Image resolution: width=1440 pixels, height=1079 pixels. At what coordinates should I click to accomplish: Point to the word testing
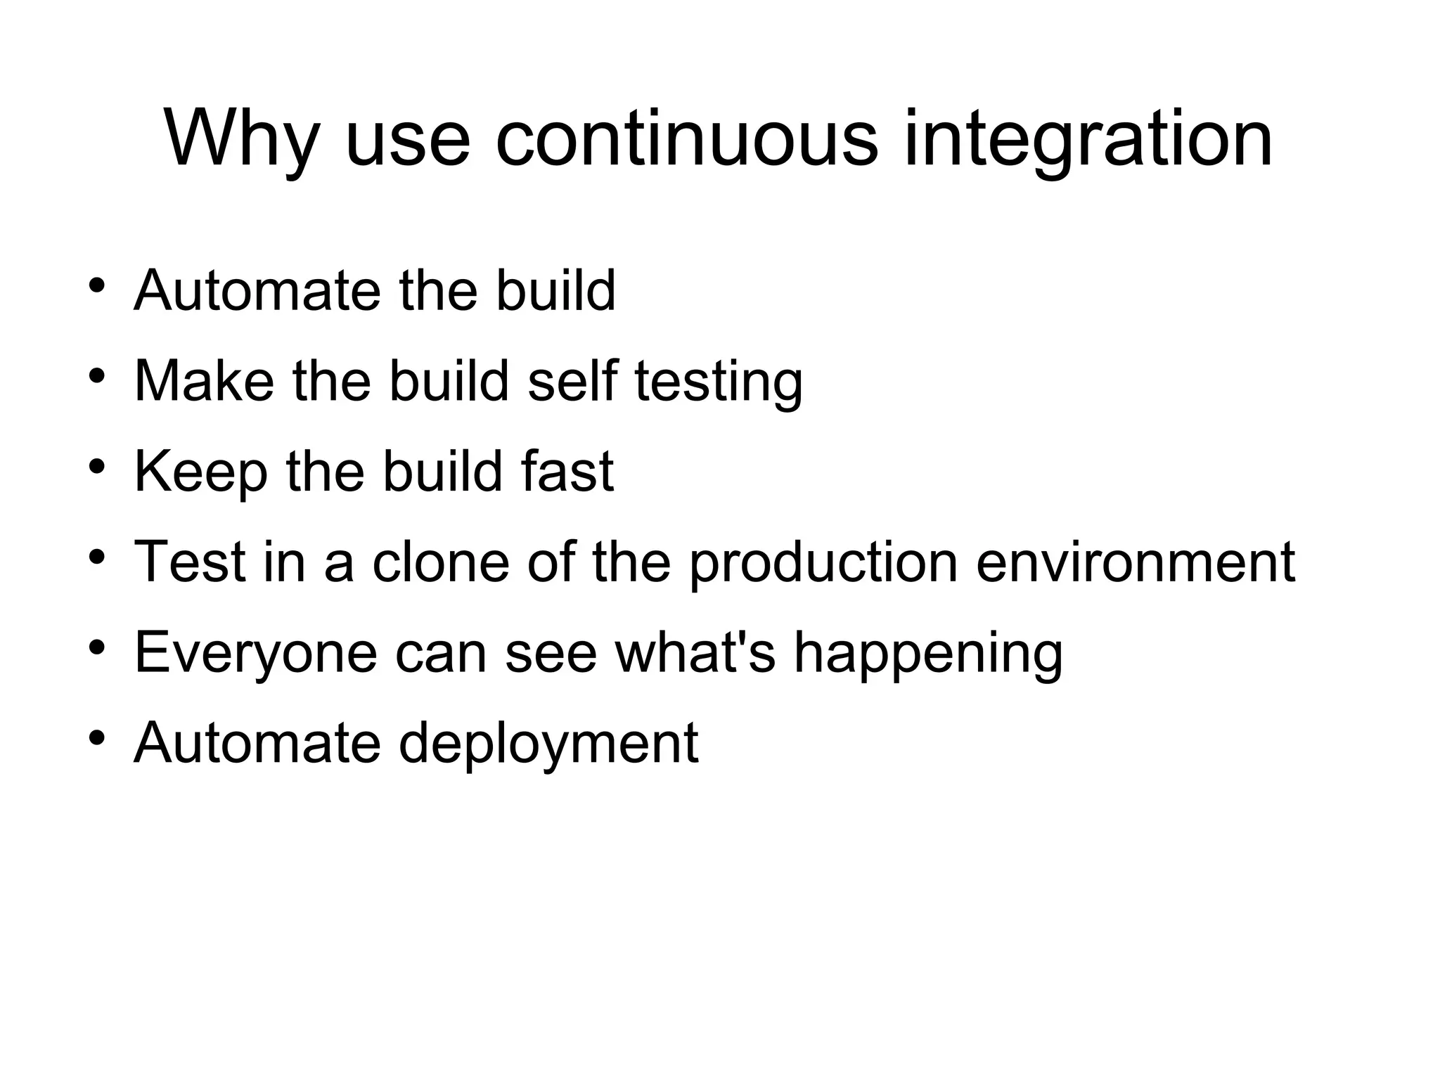click(x=718, y=382)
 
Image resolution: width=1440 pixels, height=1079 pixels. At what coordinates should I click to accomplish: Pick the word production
click(x=823, y=563)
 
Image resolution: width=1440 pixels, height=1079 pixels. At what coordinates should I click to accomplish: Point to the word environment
click(x=1135, y=562)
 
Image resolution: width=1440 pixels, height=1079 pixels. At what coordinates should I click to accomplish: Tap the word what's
click(x=695, y=652)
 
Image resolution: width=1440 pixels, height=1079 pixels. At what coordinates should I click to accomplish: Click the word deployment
click(x=548, y=744)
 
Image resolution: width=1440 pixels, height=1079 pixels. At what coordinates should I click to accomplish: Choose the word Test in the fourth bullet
click(x=190, y=562)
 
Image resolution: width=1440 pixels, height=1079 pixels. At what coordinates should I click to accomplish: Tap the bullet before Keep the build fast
click(x=97, y=467)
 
